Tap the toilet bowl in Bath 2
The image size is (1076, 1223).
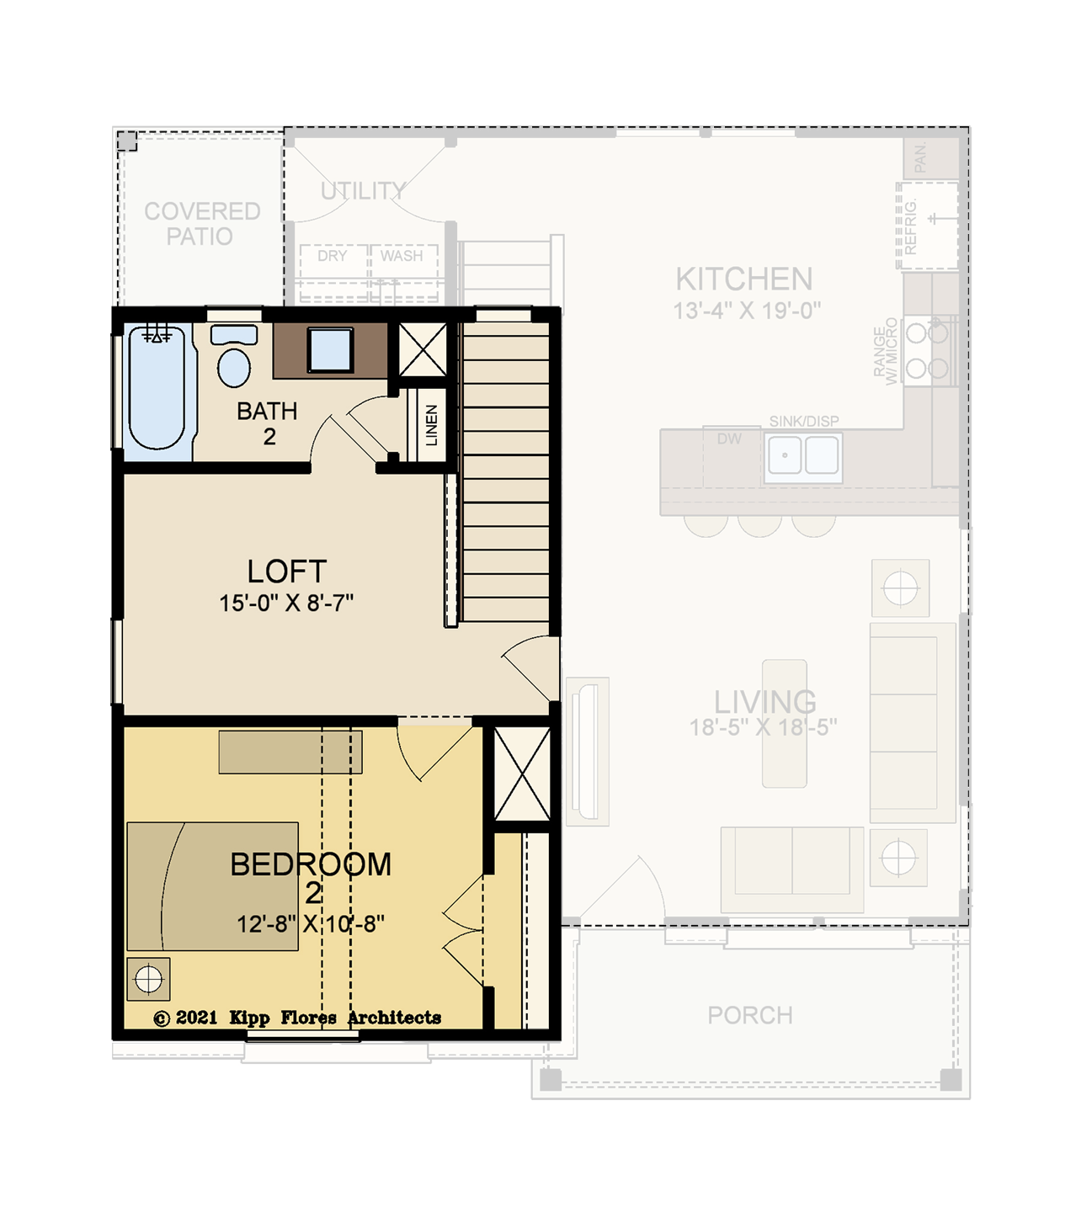pyautogui.click(x=234, y=367)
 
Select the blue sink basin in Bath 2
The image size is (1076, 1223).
pyautogui.click(x=330, y=349)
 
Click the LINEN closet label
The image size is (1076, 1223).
pyautogui.click(x=431, y=425)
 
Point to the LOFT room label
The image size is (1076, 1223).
pyautogui.click(x=287, y=571)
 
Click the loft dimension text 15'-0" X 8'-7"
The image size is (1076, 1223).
pyautogui.click(x=285, y=603)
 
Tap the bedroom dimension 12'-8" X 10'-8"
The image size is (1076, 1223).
pyautogui.click(x=311, y=924)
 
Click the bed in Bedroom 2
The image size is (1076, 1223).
pyautogui.click(x=212, y=886)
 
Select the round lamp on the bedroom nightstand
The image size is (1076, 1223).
pyautogui.click(x=148, y=979)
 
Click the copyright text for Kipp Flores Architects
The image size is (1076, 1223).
pyautogui.click(x=297, y=1018)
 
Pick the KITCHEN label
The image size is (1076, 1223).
pyautogui.click(x=744, y=279)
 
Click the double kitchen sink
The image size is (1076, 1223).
pyautogui.click(x=803, y=456)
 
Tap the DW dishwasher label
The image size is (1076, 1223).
pyautogui.click(x=729, y=439)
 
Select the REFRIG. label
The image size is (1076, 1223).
pyautogui.click(x=910, y=226)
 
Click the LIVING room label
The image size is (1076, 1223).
pyautogui.click(x=765, y=702)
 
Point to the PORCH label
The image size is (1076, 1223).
pyautogui.click(x=750, y=1015)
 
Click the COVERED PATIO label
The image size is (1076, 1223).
pyautogui.click(x=202, y=223)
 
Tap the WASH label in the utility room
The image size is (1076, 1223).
pyautogui.click(x=402, y=256)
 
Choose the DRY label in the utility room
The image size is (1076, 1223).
pyautogui.click(x=332, y=256)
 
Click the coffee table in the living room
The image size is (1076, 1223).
pyautogui.click(x=785, y=723)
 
